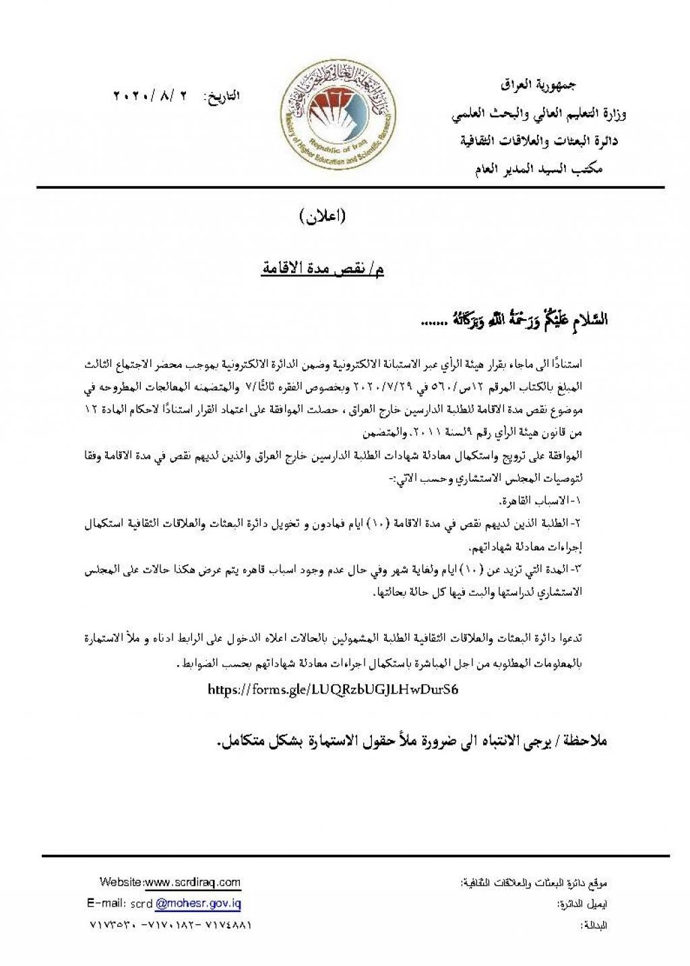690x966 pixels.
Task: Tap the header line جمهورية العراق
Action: point(538,86)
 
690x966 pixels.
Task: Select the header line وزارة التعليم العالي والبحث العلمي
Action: point(539,115)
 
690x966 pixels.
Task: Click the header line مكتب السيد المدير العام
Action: point(539,169)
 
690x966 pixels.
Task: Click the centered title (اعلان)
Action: point(322,216)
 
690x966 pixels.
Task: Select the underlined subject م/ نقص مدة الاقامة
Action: point(323,270)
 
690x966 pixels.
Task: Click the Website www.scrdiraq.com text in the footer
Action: point(170,882)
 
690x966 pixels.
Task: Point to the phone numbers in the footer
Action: point(170,925)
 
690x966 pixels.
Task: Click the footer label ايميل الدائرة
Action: point(582,904)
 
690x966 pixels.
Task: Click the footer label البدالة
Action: point(594,926)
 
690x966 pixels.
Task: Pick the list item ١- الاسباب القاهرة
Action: point(538,502)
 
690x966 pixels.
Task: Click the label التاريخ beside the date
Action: point(222,96)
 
